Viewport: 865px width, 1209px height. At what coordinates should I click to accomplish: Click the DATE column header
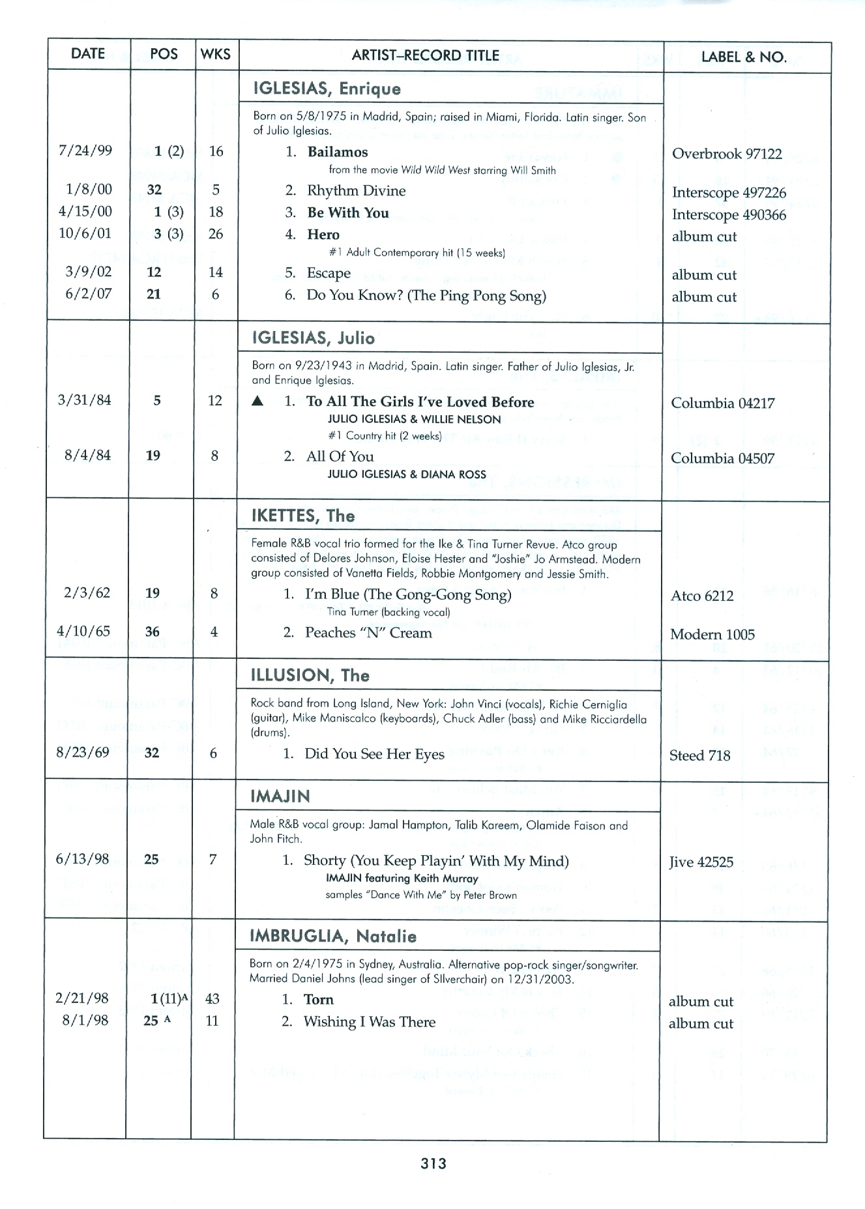pos(88,54)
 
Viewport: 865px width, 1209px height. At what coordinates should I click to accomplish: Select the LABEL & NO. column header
pos(744,57)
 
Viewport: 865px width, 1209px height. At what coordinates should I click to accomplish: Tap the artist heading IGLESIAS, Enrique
pos(327,89)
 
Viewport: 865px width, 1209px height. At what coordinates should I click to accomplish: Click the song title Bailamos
pos(338,152)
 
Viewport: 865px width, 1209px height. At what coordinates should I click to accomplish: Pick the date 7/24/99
pos(85,151)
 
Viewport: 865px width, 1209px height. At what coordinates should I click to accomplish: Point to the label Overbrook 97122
pos(727,154)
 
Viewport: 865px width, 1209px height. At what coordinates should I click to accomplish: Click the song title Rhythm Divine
pos(356,190)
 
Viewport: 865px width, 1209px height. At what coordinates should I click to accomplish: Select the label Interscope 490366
pos(729,214)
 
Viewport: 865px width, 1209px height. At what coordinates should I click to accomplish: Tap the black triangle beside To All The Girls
pos(258,401)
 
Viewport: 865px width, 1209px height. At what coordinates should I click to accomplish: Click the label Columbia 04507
pos(722,458)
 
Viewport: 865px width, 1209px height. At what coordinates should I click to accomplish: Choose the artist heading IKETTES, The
pos(303,516)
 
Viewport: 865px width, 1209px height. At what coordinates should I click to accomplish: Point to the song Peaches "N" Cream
pos(368,633)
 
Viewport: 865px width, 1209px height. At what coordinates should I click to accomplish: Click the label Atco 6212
pos(702,596)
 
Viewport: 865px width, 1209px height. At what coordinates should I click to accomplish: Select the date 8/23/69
pos(83,753)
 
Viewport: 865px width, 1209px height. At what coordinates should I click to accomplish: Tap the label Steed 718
pos(699,755)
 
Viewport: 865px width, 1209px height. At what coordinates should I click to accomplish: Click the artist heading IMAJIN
pos(280,796)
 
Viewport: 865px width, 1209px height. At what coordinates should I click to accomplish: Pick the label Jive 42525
pos(701,862)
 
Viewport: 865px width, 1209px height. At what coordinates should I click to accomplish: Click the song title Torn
pos(318,999)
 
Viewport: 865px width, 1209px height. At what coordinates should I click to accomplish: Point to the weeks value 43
pos(212,998)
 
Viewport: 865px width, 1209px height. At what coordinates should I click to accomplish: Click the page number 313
pos(433,1163)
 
